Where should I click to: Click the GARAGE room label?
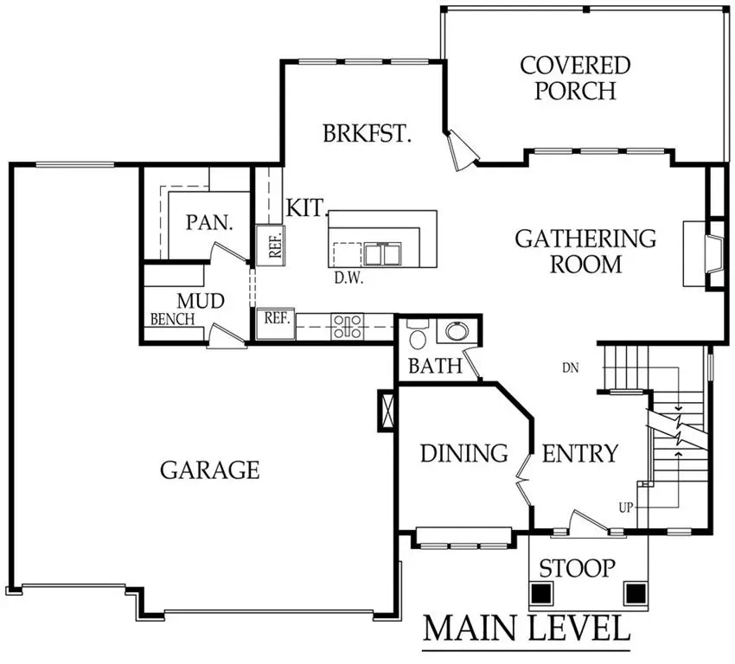click(x=209, y=469)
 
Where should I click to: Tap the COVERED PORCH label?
click(x=575, y=78)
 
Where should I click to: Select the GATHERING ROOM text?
click(x=585, y=251)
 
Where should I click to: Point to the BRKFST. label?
click(x=367, y=134)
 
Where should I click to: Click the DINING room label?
click(x=463, y=453)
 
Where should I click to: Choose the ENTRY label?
click(x=579, y=453)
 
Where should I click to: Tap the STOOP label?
click(x=577, y=568)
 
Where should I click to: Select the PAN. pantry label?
click(x=209, y=222)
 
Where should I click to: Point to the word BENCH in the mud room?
click(x=172, y=319)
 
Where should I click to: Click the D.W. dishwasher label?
click(x=348, y=278)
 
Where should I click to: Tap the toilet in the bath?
click(x=418, y=336)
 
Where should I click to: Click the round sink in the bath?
click(x=455, y=331)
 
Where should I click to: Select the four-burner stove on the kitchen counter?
click(x=348, y=326)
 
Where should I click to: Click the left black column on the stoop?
click(x=541, y=594)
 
